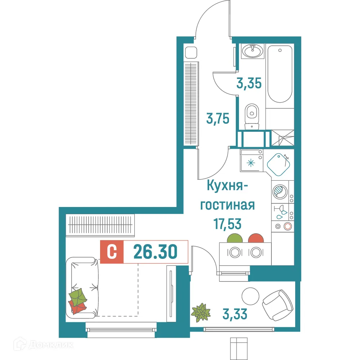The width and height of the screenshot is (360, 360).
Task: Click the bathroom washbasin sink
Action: (253, 51)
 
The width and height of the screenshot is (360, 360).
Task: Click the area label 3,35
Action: (249, 84)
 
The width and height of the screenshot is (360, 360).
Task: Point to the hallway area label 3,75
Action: (218, 118)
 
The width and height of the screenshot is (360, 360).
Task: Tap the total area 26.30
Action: (155, 252)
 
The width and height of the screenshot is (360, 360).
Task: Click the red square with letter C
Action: (112, 252)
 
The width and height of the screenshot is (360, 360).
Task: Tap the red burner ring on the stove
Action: (287, 226)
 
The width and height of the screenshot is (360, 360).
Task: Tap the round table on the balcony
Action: (250, 296)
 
